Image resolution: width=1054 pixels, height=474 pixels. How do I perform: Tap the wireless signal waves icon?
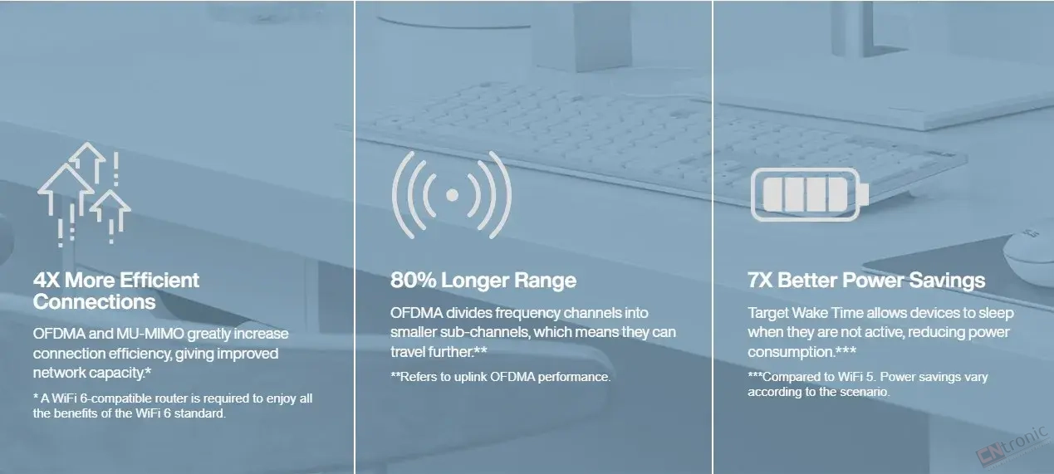coord(452,195)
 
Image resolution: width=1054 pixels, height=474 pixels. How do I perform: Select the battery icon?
coord(809,195)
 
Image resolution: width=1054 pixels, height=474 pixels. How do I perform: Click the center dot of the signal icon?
coord(452,195)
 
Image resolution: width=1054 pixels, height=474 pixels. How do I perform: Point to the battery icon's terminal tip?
coord(865,195)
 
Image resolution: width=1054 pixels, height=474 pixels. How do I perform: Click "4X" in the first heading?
coord(47,281)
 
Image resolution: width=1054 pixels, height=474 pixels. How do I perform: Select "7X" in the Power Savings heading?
coord(760,281)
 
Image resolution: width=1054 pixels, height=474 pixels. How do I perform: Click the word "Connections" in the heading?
coord(94,302)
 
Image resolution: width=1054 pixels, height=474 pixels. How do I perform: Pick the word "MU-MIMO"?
coord(150,334)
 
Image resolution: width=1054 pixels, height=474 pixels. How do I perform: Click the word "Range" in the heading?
coord(545,281)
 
